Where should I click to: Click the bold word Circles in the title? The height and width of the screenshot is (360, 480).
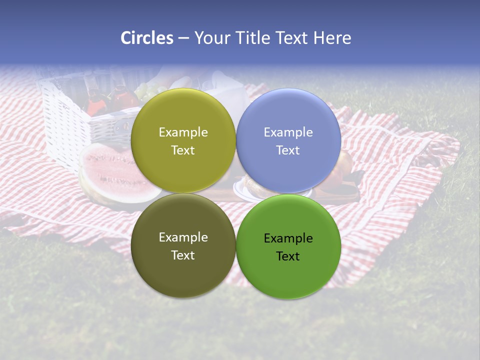click(146, 38)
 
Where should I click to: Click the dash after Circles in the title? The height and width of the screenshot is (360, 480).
click(183, 38)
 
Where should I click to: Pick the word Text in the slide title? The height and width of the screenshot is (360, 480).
click(291, 38)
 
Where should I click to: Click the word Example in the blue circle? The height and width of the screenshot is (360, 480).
click(288, 132)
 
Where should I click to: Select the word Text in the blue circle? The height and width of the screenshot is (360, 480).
click(288, 150)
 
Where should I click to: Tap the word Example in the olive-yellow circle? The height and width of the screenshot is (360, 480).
click(183, 132)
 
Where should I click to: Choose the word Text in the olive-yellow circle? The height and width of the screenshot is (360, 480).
click(183, 150)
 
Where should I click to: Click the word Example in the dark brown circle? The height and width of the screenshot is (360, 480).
click(183, 237)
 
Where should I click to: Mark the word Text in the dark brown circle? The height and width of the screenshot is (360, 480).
click(183, 255)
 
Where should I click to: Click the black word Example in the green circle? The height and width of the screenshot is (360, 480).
click(288, 238)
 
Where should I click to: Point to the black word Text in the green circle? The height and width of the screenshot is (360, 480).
click(288, 256)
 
